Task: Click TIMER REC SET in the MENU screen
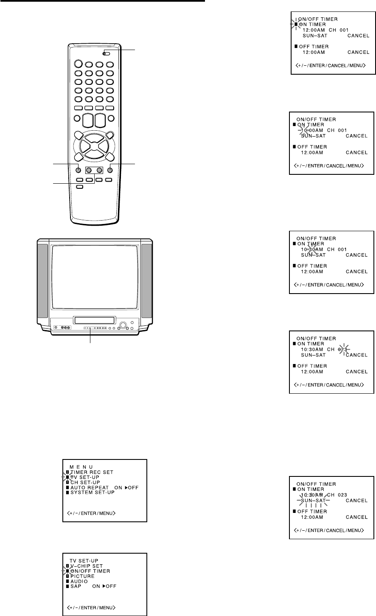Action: (x=92, y=472)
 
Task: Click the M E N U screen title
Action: (x=81, y=466)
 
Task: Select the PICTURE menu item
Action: (x=83, y=576)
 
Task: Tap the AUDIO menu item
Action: (x=80, y=581)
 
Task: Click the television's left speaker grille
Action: (x=42, y=281)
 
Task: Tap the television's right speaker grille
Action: (x=146, y=281)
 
